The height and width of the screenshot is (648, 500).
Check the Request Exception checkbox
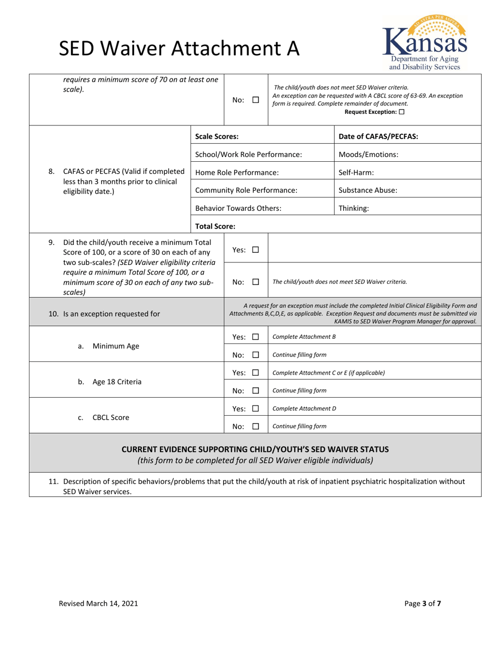coord(402,112)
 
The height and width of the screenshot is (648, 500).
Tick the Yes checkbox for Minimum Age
coord(256,337)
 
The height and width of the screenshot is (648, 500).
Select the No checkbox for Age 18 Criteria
coord(256,391)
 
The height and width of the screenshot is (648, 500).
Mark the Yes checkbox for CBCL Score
coord(256,408)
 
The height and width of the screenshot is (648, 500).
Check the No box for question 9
coord(256,282)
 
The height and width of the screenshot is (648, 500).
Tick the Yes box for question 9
coord(256,250)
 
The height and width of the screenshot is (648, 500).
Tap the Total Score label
coord(215,227)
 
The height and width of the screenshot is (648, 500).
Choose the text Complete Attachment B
coord(304,337)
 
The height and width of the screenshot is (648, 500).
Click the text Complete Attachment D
coord(304,408)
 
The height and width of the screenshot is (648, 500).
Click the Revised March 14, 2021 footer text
coord(98,604)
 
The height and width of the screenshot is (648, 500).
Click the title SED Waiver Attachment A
coord(179,48)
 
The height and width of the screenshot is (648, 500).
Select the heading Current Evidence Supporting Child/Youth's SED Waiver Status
coord(255,449)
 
